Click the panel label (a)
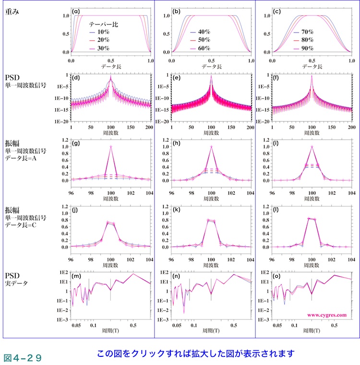[75, 11]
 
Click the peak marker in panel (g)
[111, 147]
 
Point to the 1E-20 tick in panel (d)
[62, 122]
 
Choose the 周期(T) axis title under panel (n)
[211, 331]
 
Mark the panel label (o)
[276, 276]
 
